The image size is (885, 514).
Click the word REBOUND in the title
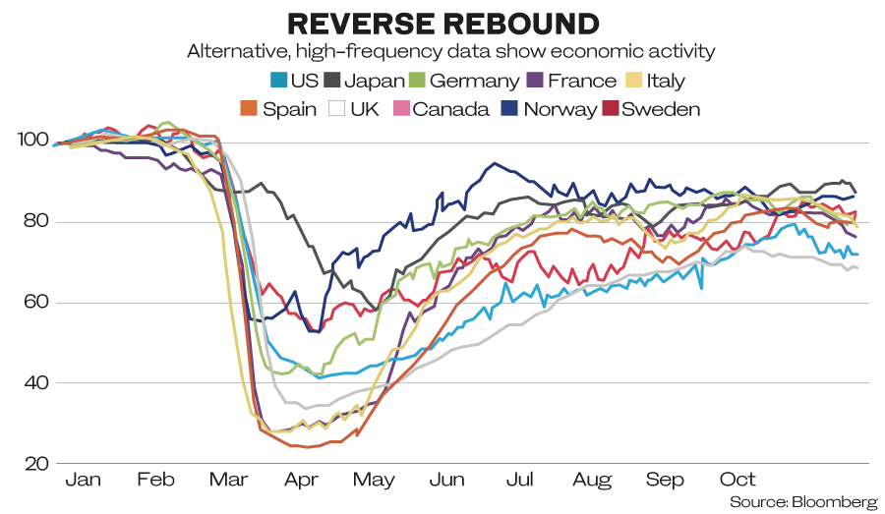pos(521,24)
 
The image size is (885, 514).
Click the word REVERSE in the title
pos(361,24)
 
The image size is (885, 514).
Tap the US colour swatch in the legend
pos(279,81)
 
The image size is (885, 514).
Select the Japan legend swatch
pos(332,81)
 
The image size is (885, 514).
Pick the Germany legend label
pos(474,81)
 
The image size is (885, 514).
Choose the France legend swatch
pos(535,81)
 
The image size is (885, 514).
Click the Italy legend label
pos(666,81)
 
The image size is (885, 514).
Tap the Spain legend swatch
pos(249,108)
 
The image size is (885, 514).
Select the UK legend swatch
pos(337,108)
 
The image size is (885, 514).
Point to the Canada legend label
pos(450,109)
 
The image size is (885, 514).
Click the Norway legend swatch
pos(509,108)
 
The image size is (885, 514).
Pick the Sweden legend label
pos(661,109)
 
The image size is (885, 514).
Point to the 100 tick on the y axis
pos(33,140)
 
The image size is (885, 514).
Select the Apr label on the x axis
pos(302,481)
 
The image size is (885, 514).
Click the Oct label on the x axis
pos(737,479)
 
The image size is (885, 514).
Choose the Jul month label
pos(519,479)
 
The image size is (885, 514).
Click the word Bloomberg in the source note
pos(834,501)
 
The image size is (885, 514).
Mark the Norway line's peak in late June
pos(495,163)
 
